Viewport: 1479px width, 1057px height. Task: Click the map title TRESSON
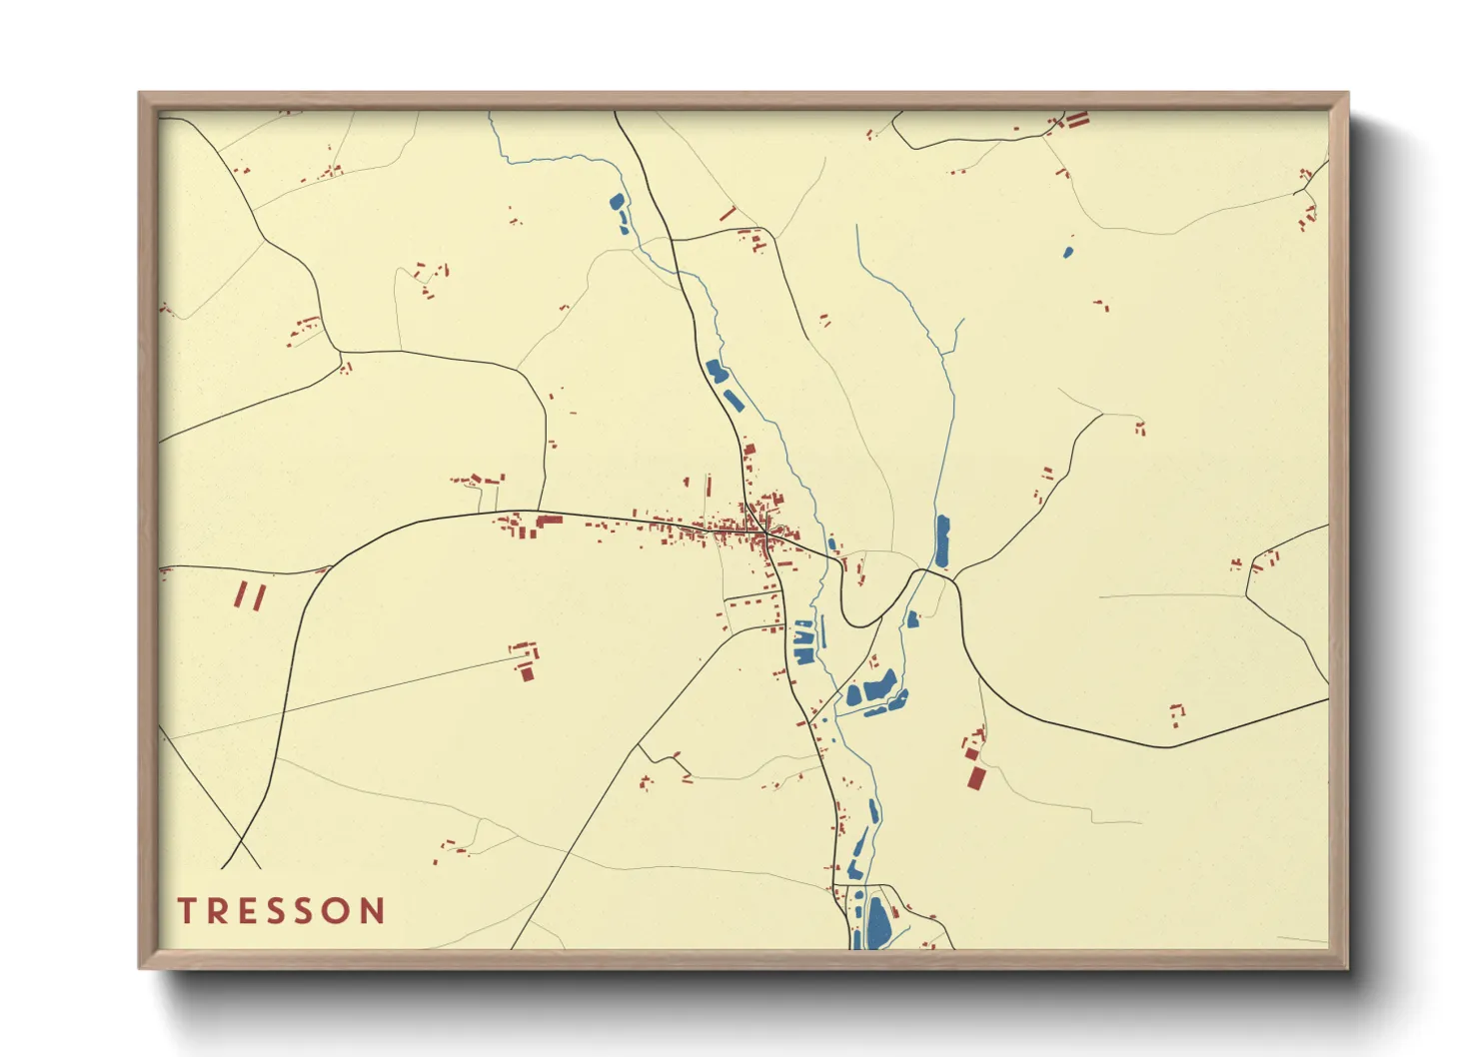click(281, 911)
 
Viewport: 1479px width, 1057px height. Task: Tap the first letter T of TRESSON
click(187, 911)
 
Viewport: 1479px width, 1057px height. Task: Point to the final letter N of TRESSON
click(374, 911)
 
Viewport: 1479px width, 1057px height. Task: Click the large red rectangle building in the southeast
click(976, 777)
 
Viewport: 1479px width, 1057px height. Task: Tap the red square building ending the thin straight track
click(527, 673)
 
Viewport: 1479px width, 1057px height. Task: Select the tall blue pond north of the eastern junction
click(941, 541)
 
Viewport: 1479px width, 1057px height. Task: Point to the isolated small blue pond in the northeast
click(1067, 250)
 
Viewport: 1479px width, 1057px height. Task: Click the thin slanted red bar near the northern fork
click(728, 214)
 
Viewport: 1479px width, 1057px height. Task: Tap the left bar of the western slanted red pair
click(241, 594)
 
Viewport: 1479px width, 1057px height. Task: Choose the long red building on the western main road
click(549, 521)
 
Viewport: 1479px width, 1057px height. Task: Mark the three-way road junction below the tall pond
click(954, 579)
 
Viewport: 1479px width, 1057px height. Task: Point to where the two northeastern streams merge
click(944, 354)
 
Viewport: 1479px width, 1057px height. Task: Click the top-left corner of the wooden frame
click(140, 94)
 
